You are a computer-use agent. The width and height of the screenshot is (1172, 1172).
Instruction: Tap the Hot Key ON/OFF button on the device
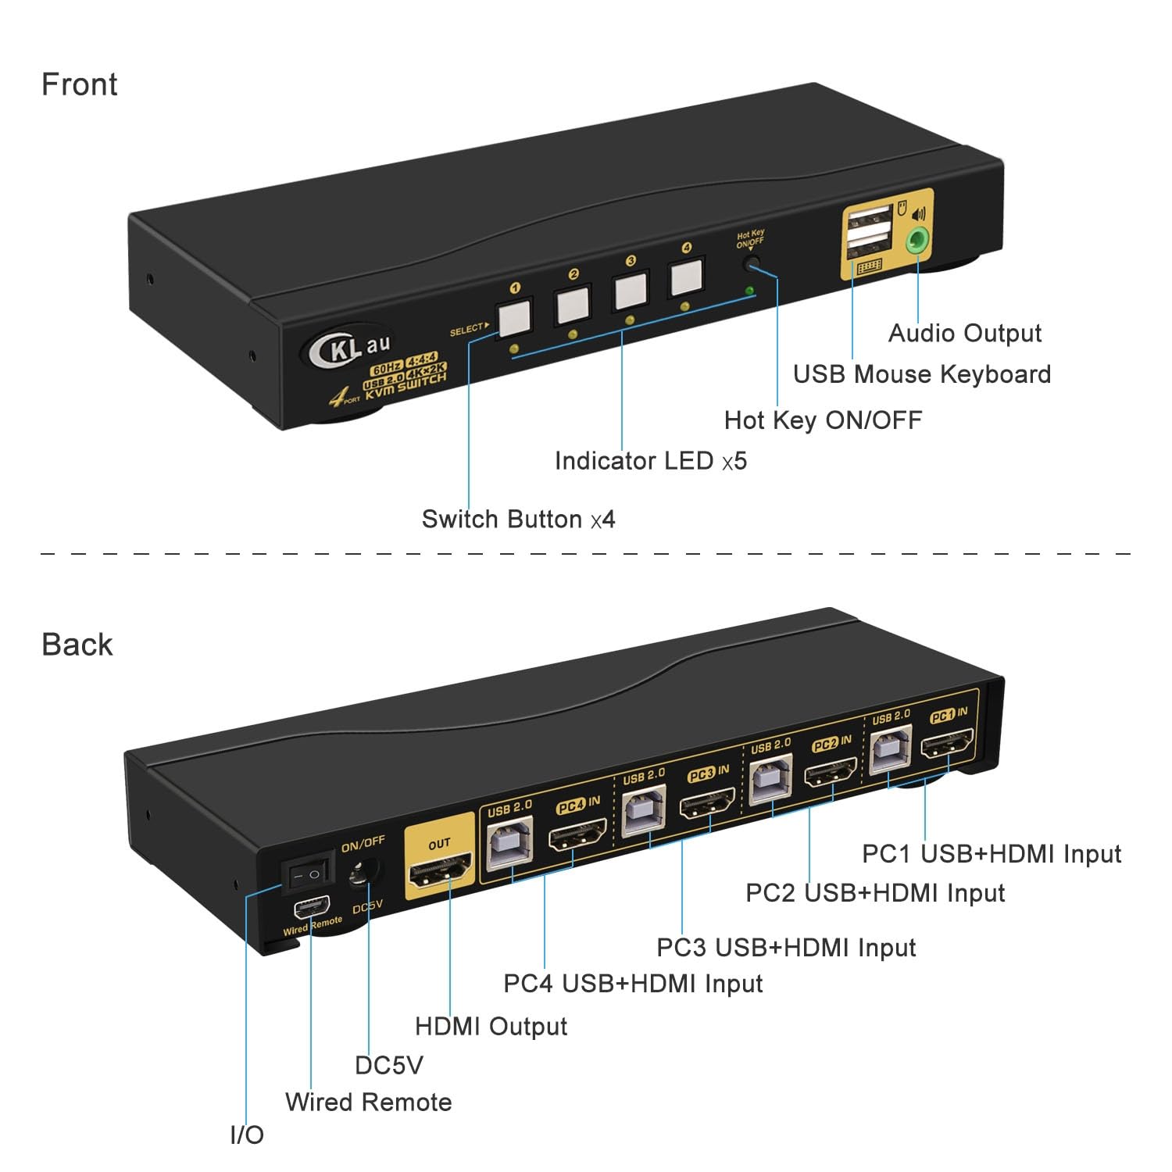pos(752,263)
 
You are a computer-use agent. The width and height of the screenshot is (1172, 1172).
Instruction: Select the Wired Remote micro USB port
pos(310,909)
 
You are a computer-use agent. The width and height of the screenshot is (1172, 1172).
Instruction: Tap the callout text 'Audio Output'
pos(965,333)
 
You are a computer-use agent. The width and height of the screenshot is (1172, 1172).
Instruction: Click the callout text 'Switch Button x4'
pos(518,520)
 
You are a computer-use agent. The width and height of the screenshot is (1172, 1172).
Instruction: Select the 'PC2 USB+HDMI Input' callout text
pos(875,892)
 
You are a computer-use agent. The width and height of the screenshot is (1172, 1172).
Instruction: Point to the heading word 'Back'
pos(77,645)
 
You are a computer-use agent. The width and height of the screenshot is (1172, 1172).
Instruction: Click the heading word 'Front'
pos(79,84)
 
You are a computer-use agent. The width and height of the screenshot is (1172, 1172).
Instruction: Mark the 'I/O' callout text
pos(247,1134)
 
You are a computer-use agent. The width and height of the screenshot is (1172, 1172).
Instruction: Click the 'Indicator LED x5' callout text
pos(650,461)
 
